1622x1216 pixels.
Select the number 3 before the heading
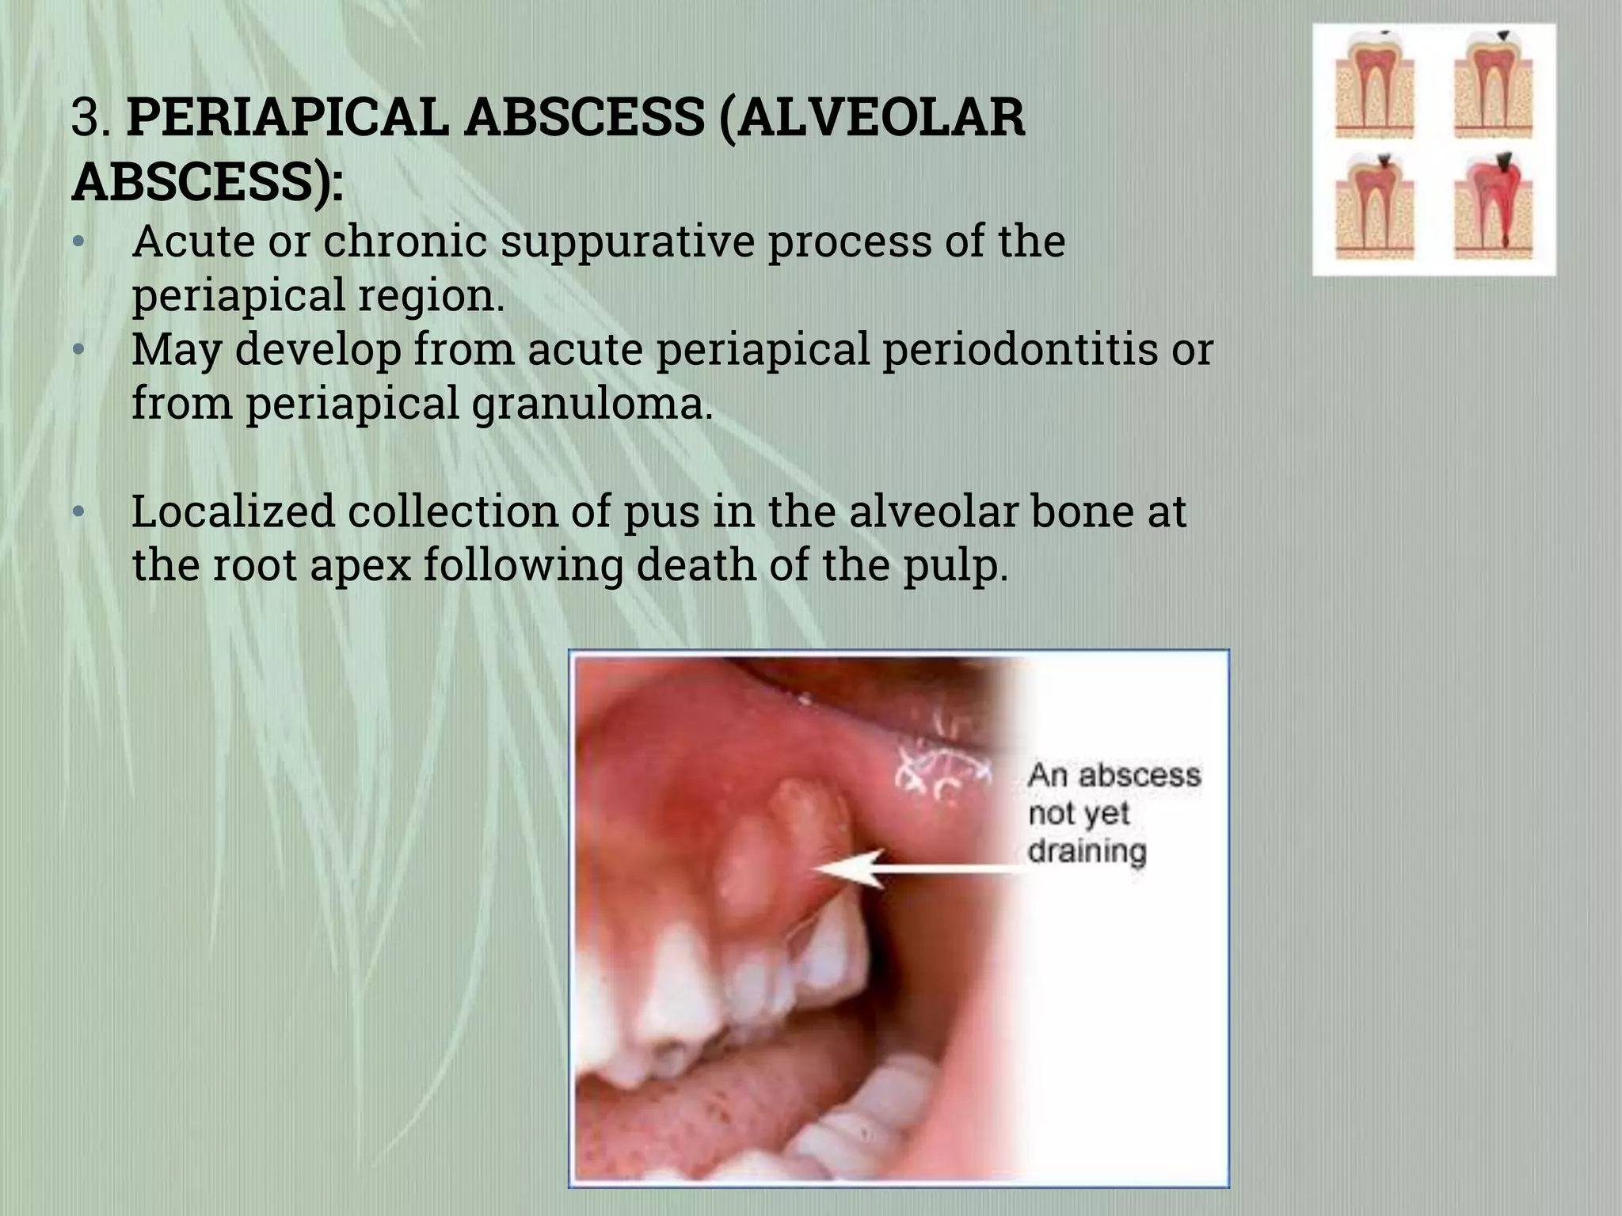(x=86, y=117)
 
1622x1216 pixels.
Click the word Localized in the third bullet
(x=234, y=511)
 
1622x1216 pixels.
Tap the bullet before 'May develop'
(x=78, y=349)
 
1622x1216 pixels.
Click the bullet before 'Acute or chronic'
(x=78, y=241)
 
